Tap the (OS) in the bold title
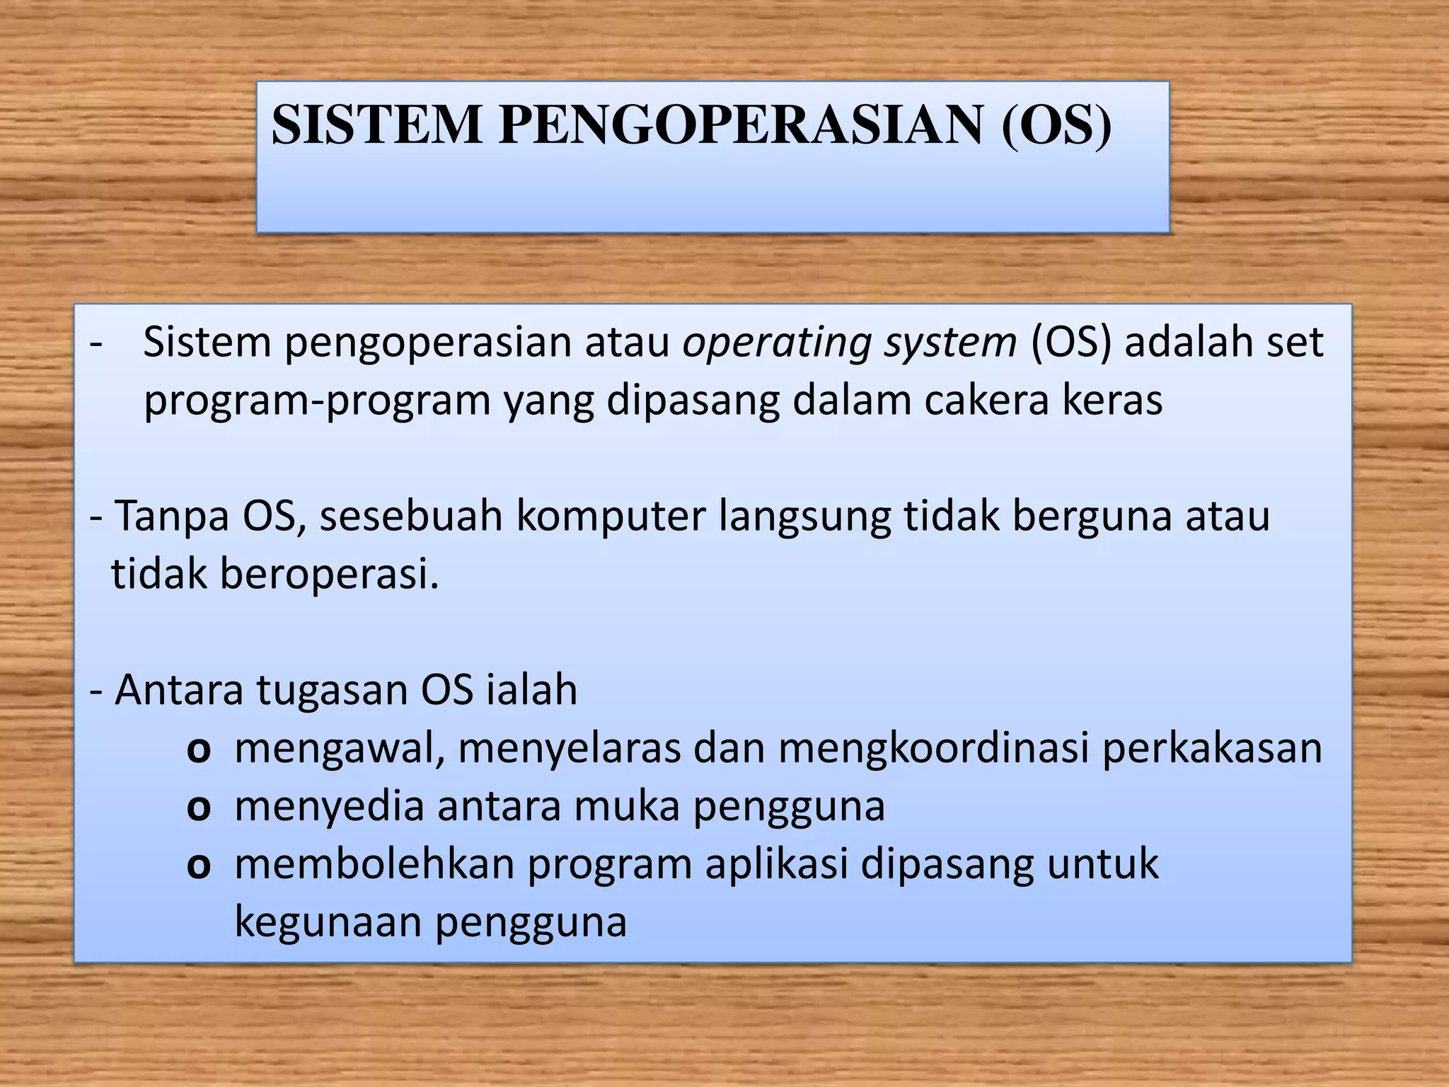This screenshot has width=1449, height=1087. click(x=1056, y=126)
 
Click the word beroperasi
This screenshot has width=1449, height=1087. click(x=329, y=574)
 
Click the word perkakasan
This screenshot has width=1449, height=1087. click(x=1212, y=748)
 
